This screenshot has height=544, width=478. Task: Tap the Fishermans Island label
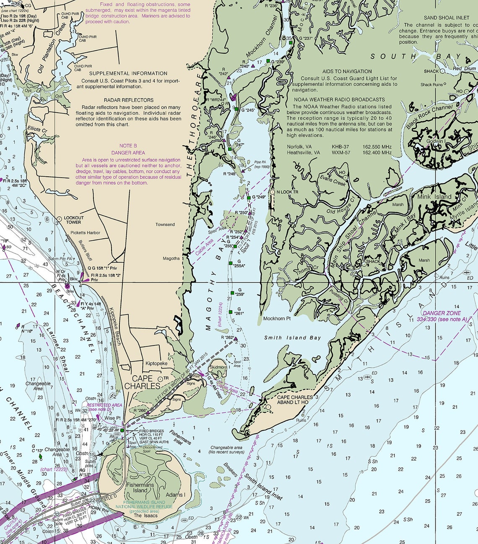(140, 487)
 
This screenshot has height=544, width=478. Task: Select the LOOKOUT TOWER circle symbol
(59, 219)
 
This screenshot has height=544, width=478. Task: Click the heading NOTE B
(128, 146)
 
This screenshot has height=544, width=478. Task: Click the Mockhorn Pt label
(277, 319)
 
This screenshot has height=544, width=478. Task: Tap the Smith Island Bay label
(292, 338)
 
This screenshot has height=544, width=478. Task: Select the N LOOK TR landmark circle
(272, 192)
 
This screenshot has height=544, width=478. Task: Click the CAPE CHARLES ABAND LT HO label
(295, 400)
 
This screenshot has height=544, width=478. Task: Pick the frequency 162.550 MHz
(377, 147)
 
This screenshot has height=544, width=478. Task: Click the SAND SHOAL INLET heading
(447, 18)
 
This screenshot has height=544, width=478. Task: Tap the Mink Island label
(434, 197)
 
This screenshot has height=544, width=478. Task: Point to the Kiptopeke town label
(156, 364)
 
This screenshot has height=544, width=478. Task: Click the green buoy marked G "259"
(232, 293)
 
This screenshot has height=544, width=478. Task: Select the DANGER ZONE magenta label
(442, 313)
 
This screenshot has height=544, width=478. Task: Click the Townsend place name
(165, 224)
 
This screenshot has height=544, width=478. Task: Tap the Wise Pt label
(112, 418)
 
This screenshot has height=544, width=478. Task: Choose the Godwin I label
(436, 142)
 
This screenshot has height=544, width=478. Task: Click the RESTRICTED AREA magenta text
(104, 405)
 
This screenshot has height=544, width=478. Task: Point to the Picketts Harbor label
(85, 233)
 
